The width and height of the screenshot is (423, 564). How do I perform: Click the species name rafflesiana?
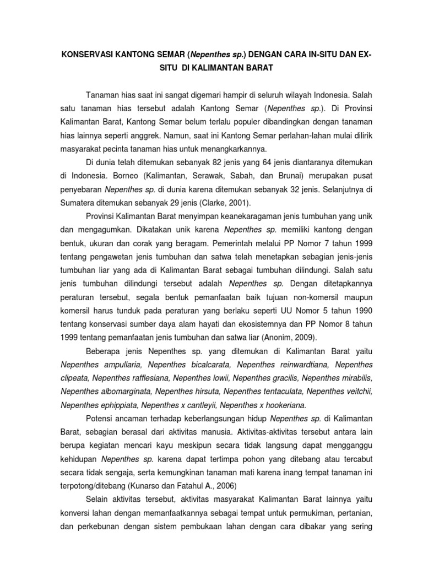pos(156,378)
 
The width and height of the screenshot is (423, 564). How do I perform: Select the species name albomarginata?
pos(126,392)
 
